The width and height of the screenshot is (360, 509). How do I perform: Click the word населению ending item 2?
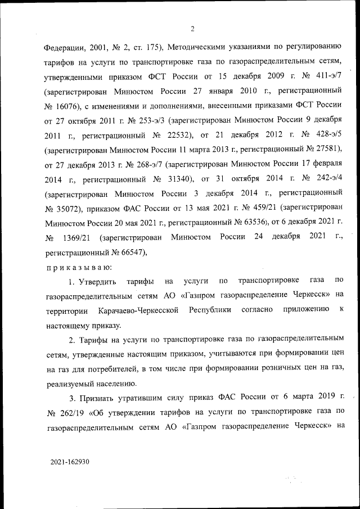110,384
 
